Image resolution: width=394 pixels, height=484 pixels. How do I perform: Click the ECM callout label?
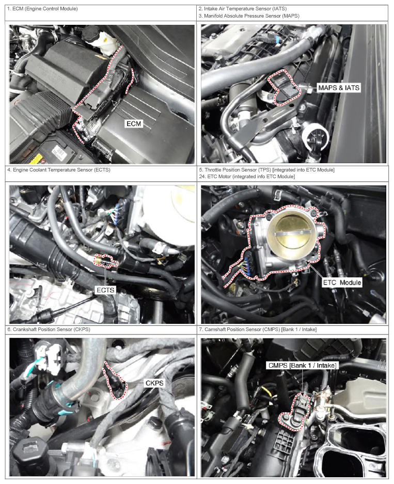(x=134, y=124)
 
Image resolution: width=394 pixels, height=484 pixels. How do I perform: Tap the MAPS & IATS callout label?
(x=339, y=88)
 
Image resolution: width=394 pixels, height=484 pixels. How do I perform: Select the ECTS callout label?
(x=105, y=290)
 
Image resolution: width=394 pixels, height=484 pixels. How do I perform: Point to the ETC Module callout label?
(x=342, y=283)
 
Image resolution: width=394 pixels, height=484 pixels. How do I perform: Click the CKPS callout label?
(x=154, y=383)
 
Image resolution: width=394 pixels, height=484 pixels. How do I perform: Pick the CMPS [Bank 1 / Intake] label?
(x=302, y=366)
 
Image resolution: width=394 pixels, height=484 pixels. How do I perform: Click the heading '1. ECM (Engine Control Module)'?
(x=42, y=9)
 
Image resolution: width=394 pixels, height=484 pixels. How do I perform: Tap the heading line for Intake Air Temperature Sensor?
(x=243, y=9)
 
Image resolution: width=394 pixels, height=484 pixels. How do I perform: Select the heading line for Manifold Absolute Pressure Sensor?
(x=249, y=15)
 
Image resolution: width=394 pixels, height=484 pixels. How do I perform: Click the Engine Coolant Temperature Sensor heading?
(x=59, y=170)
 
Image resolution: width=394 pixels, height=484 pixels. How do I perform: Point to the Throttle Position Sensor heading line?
(x=267, y=170)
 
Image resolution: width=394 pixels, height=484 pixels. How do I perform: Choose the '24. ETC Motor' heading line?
(x=247, y=177)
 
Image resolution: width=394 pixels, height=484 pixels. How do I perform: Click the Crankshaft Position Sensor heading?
(x=49, y=330)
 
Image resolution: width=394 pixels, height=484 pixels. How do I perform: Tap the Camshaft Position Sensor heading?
(x=258, y=330)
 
